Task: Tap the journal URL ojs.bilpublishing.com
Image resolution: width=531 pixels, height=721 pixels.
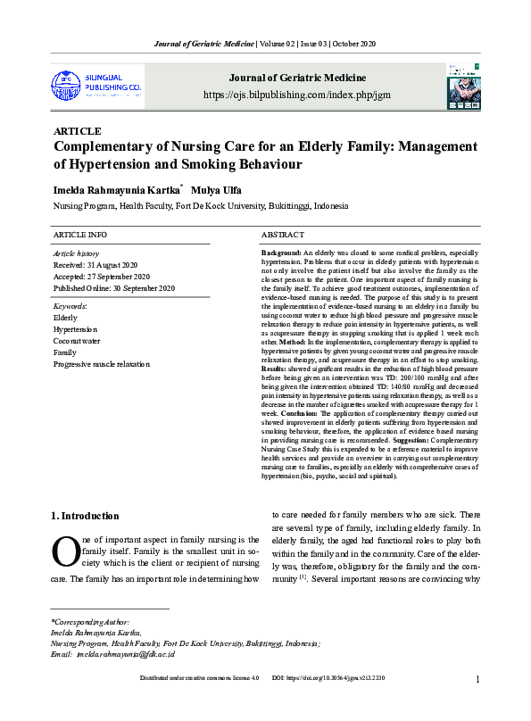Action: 297,95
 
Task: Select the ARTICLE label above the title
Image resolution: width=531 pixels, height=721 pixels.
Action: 78,131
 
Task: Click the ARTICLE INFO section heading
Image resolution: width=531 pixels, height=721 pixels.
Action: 80,234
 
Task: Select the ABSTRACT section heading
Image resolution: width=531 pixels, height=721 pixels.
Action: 284,234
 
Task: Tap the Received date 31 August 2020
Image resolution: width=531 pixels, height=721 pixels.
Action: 95,265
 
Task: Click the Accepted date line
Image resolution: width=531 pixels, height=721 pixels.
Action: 102,277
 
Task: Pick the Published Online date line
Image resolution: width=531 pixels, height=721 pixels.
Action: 114,288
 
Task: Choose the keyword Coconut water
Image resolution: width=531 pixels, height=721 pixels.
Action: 77,341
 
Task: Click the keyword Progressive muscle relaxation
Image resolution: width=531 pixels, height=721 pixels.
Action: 102,364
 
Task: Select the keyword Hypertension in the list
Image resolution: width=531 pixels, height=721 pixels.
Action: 76,329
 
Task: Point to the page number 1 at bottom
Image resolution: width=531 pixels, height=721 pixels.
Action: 478,704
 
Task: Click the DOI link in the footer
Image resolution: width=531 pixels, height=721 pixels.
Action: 328,704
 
